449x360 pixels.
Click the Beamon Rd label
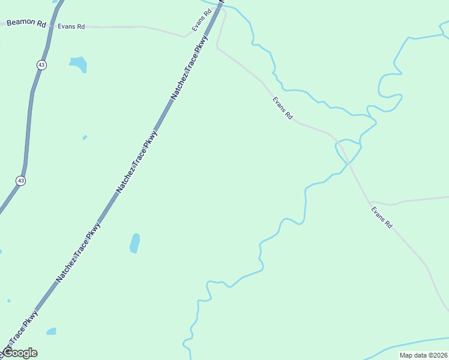click(x=26, y=23)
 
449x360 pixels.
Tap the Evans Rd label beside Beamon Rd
click(x=71, y=26)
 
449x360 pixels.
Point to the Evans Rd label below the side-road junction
click(x=381, y=217)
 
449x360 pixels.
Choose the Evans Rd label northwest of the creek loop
click(x=282, y=107)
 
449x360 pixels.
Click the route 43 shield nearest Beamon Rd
click(x=41, y=64)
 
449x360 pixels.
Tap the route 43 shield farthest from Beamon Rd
click(x=21, y=180)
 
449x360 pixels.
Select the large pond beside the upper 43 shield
click(x=78, y=63)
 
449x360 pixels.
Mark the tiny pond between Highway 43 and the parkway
click(x=85, y=137)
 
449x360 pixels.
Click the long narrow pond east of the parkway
click(x=135, y=242)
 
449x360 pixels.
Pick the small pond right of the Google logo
click(x=52, y=331)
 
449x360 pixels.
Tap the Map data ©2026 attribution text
click(x=423, y=355)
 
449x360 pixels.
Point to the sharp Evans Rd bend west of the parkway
click(x=185, y=37)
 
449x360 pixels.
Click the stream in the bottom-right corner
click(x=414, y=344)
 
